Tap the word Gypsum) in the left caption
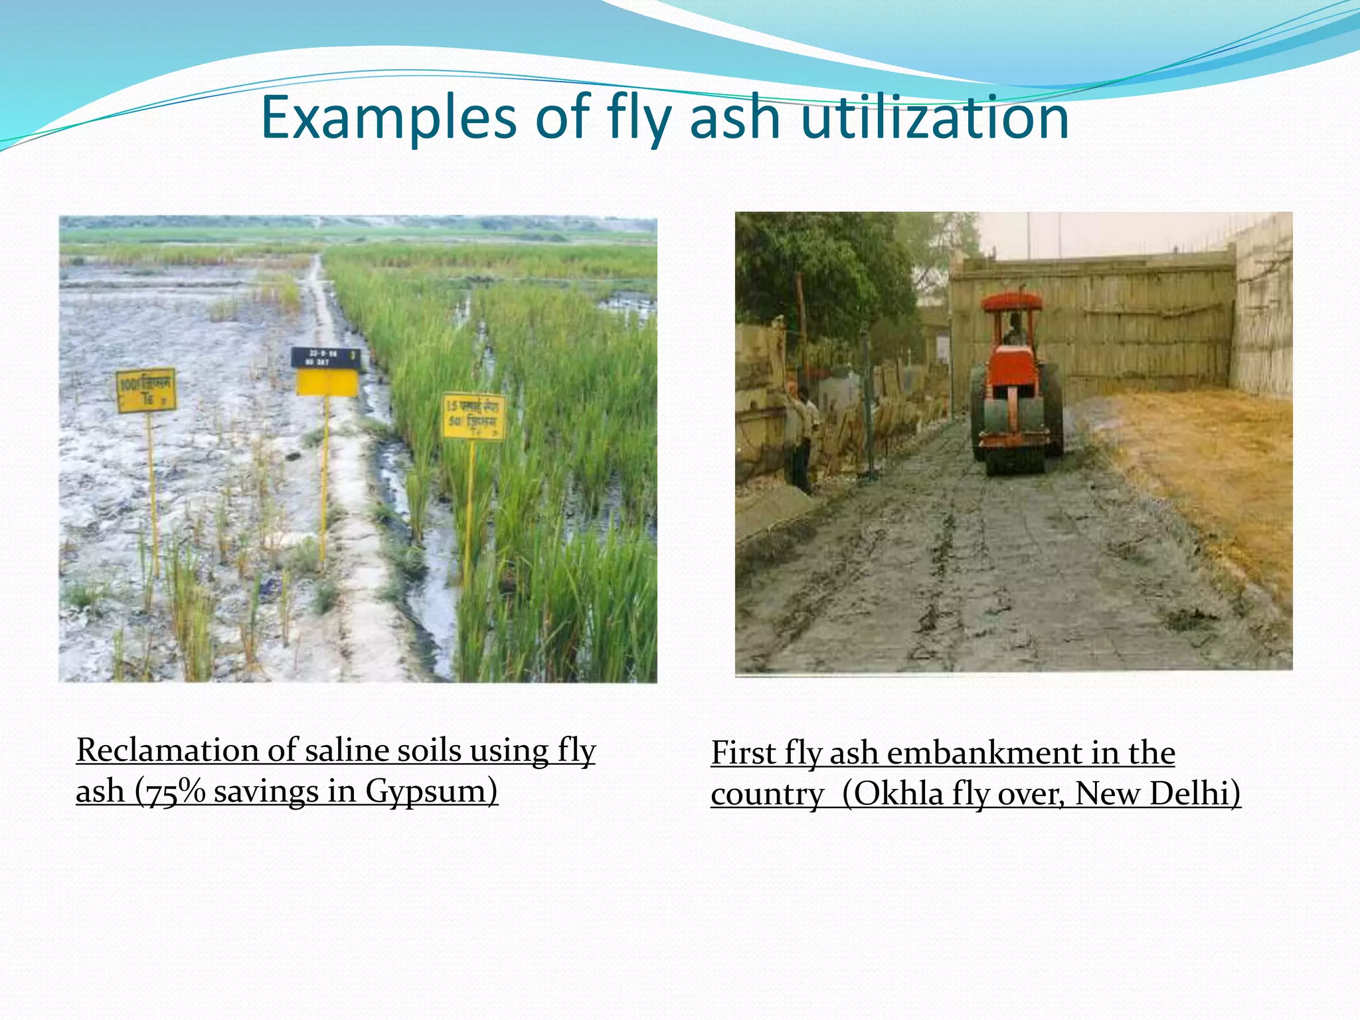point(431,792)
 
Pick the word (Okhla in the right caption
point(892,794)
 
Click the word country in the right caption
point(767,795)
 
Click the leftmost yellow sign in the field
point(146,390)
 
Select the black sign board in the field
point(326,358)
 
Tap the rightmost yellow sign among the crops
point(474,417)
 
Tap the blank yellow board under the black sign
point(327,383)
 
